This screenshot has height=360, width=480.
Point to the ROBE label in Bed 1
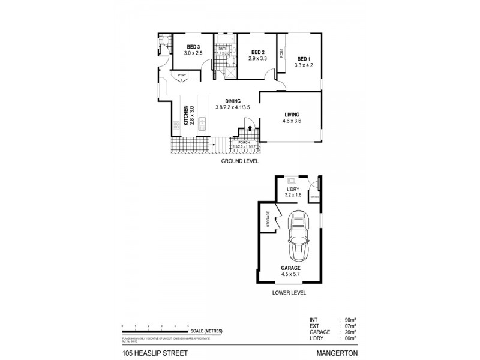[281, 53]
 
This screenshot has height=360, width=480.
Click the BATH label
[223, 49]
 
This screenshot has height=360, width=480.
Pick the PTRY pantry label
[182, 74]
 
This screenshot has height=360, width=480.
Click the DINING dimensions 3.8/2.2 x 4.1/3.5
[232, 107]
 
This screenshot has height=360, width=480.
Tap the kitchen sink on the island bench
[202, 125]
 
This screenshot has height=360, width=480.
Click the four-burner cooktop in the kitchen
[176, 125]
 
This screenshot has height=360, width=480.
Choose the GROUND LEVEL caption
[239, 162]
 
